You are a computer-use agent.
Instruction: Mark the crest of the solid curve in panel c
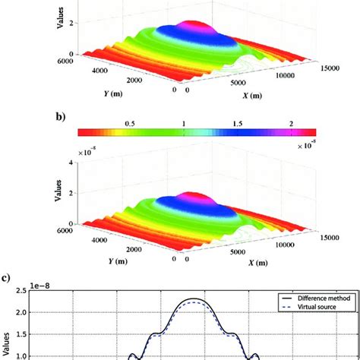point(195,300)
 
